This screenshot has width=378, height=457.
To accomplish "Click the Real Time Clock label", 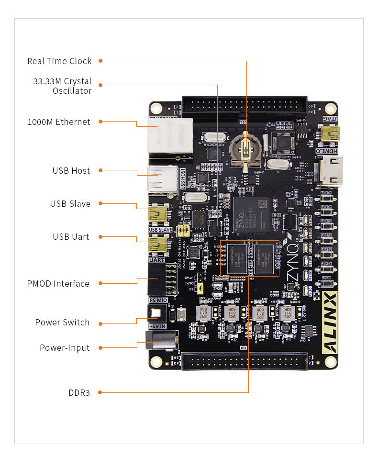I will tap(59, 61).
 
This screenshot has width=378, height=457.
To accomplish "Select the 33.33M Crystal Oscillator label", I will tap(62, 86).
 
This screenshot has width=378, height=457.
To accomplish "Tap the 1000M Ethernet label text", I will tap(59, 122).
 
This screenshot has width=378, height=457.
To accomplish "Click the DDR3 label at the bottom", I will tap(79, 393).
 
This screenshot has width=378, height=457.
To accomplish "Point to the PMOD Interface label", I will tap(58, 284).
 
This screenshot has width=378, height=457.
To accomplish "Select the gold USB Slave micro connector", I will tap(158, 215).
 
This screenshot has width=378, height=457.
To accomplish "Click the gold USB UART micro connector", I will tap(158, 245).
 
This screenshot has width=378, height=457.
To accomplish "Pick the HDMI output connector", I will tap(330, 170).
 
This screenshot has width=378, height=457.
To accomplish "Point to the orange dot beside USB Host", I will tap(101, 171).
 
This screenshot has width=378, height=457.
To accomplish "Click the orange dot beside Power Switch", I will tap(101, 323).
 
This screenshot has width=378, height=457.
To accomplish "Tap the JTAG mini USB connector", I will tap(330, 133).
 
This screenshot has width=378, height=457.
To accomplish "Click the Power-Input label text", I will tap(65, 348).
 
